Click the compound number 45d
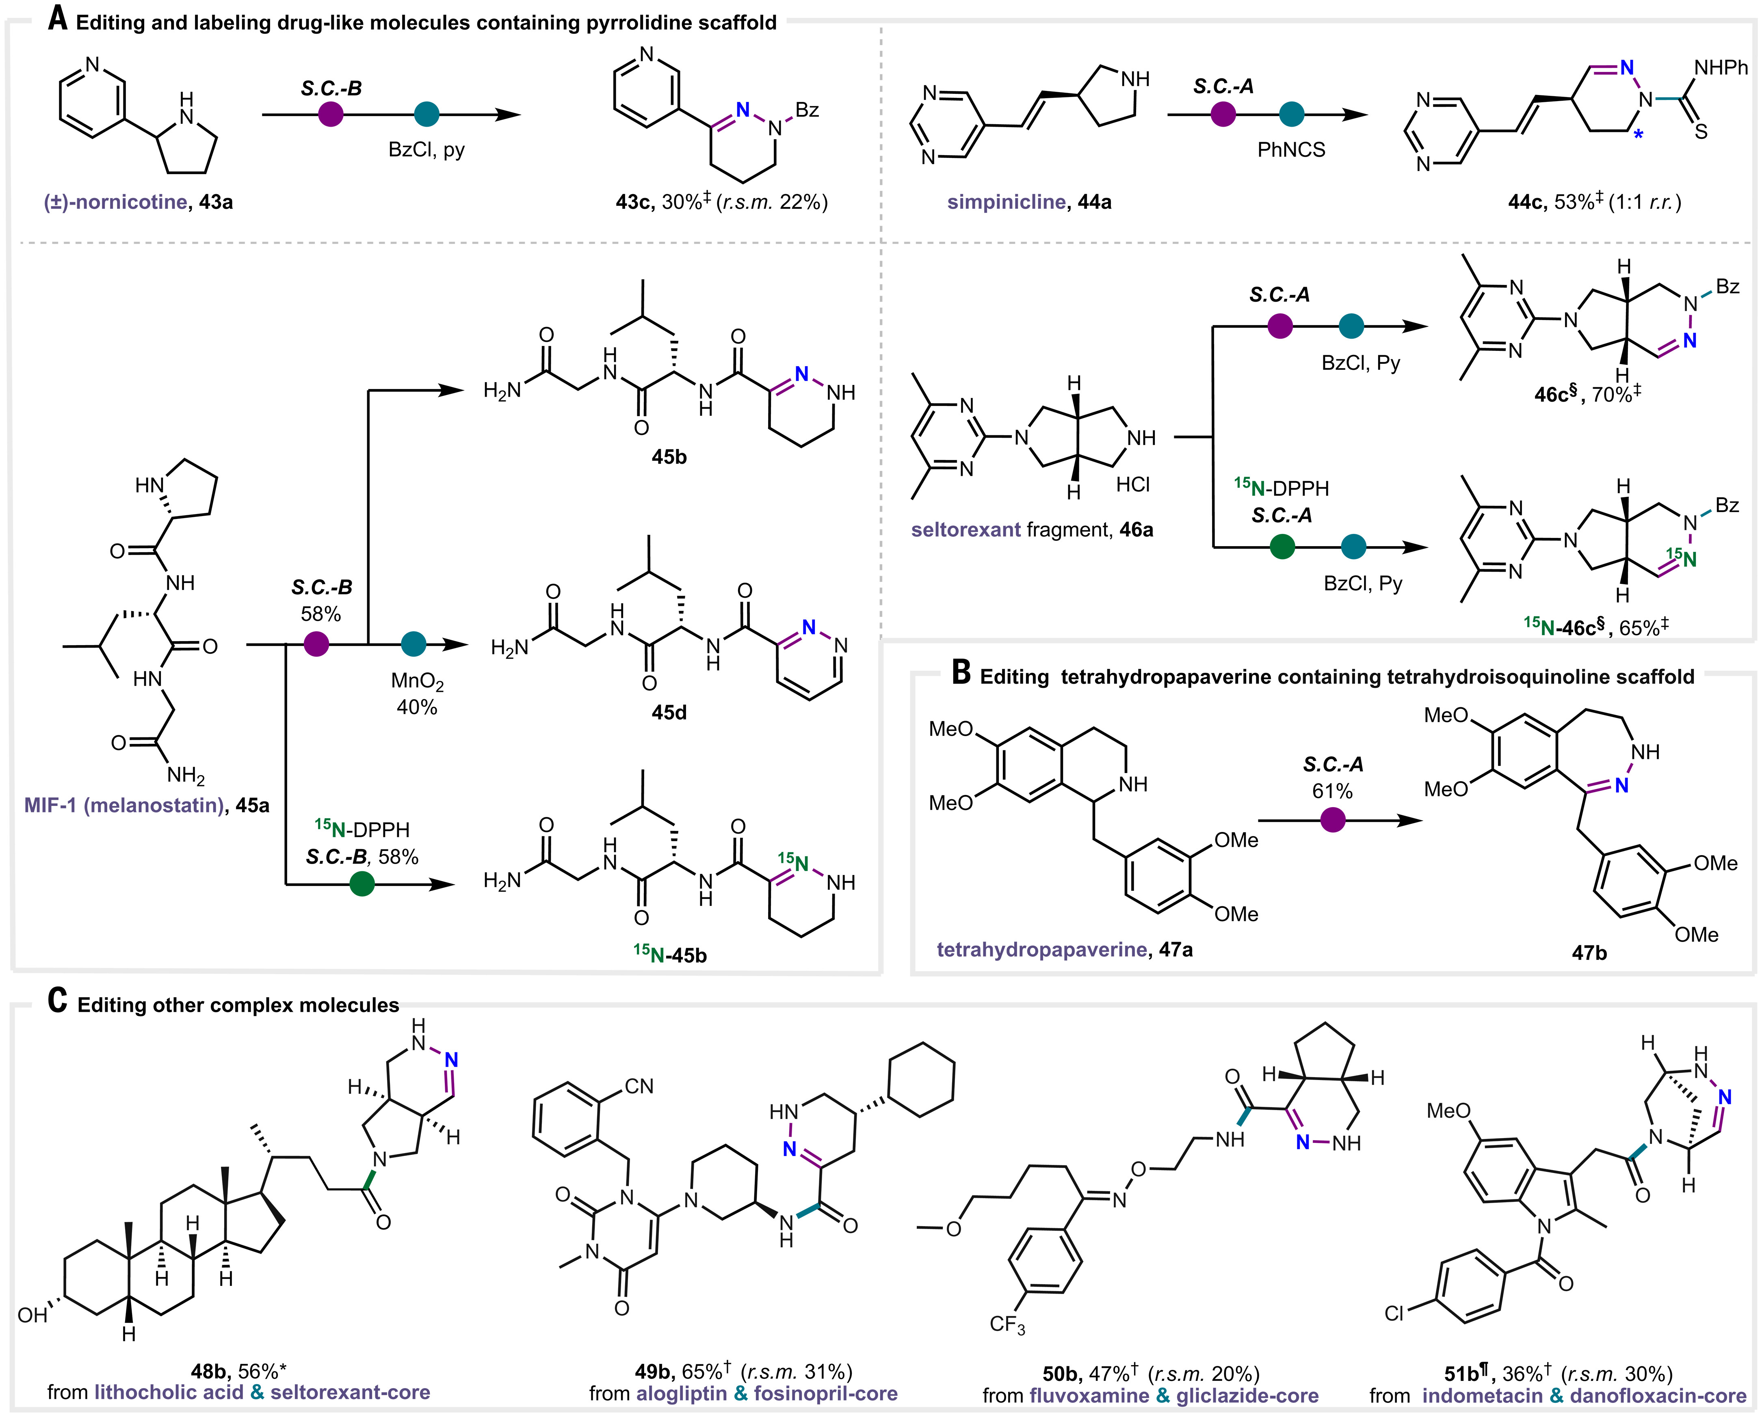(669, 713)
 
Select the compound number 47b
(1589, 952)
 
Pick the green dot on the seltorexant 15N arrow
(1282, 547)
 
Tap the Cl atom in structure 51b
(1394, 1313)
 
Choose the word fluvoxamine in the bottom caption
(1089, 1396)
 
